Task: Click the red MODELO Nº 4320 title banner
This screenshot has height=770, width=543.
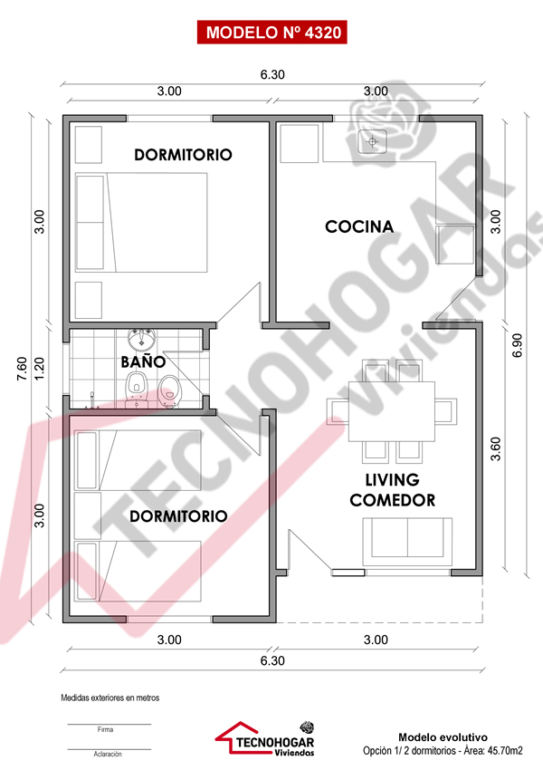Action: [272, 33]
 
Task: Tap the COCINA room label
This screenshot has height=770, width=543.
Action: [359, 226]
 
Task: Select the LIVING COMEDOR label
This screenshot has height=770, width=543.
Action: [393, 489]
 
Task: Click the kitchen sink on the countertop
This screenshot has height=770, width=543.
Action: [373, 142]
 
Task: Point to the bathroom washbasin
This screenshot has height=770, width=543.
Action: [142, 339]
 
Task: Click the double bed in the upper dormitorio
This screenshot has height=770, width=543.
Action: [141, 222]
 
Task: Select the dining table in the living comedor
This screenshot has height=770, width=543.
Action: [392, 411]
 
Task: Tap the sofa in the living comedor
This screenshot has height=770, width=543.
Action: [407, 541]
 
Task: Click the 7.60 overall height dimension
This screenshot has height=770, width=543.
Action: [22, 369]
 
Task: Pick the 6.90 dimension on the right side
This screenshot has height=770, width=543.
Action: [517, 345]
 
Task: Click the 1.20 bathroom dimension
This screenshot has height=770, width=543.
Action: [39, 369]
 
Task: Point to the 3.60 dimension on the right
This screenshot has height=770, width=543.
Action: [495, 448]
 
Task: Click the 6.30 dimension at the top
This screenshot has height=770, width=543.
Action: [272, 74]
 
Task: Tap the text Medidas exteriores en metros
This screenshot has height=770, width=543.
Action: [110, 698]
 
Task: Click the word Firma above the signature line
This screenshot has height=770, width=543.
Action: [105, 730]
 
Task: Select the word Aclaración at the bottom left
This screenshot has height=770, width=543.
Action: [108, 754]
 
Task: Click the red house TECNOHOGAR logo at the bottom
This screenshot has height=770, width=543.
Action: [265, 738]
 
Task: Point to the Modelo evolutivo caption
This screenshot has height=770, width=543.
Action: [443, 737]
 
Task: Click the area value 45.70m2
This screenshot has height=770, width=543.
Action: [504, 750]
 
